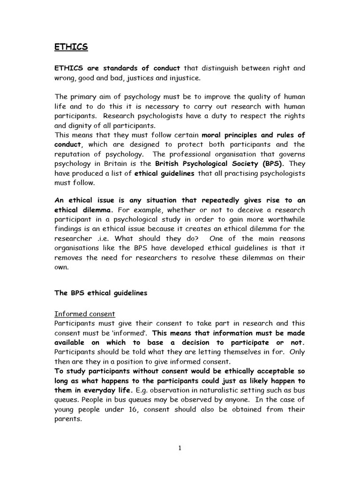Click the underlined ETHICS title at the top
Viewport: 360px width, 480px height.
coord(71,47)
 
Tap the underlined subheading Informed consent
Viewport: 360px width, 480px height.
coord(85,314)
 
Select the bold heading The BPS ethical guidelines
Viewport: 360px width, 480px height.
coord(101,293)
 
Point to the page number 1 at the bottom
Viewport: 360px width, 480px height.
coord(180,448)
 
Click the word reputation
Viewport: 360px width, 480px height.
coord(72,154)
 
